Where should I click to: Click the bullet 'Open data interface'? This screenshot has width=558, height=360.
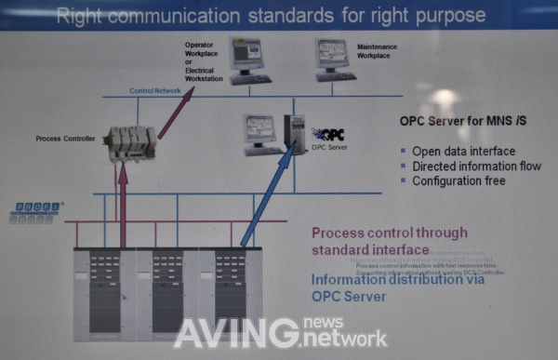pyautogui.click(x=462, y=152)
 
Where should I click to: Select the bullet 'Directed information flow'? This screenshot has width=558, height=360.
pyautogui.click(x=476, y=167)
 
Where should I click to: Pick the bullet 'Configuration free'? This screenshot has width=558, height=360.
pyautogui.click(x=459, y=180)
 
